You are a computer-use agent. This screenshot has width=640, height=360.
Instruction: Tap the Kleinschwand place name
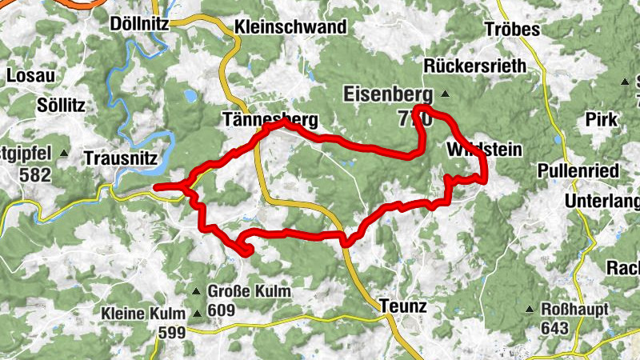point(290,27)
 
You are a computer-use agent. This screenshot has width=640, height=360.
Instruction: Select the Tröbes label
point(512,30)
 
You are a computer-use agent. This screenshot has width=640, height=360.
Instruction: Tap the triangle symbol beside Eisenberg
point(446,95)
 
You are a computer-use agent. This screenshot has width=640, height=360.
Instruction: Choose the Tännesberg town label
point(270,121)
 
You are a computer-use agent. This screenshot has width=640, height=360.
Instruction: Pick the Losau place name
point(31,76)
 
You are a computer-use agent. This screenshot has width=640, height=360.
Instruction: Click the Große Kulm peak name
point(249,291)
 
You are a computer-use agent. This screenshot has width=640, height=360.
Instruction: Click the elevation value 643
point(554,328)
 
